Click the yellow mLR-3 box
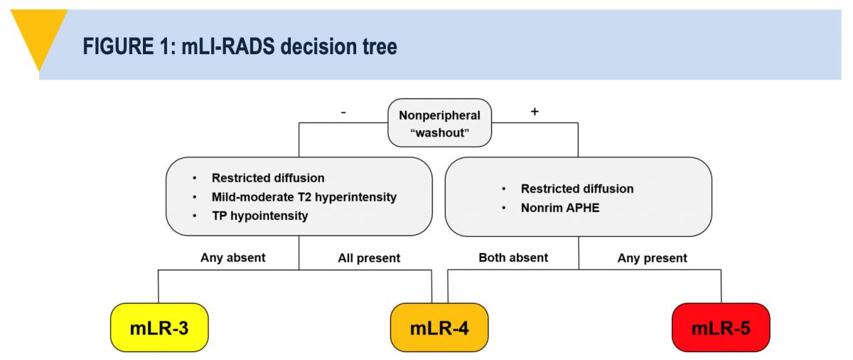pyautogui.click(x=158, y=328)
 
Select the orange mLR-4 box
pyautogui.click(x=439, y=328)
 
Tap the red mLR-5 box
pyautogui.click(x=721, y=328)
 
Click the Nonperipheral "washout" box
pyautogui.click(x=439, y=123)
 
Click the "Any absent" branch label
pyautogui.click(x=232, y=258)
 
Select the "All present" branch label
pyautogui.click(x=369, y=258)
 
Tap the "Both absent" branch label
pyautogui.click(x=513, y=258)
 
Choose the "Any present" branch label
pyautogui.click(x=652, y=258)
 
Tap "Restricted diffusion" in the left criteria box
pyautogui.click(x=267, y=177)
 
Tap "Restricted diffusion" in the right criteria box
pyautogui.click(x=576, y=189)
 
